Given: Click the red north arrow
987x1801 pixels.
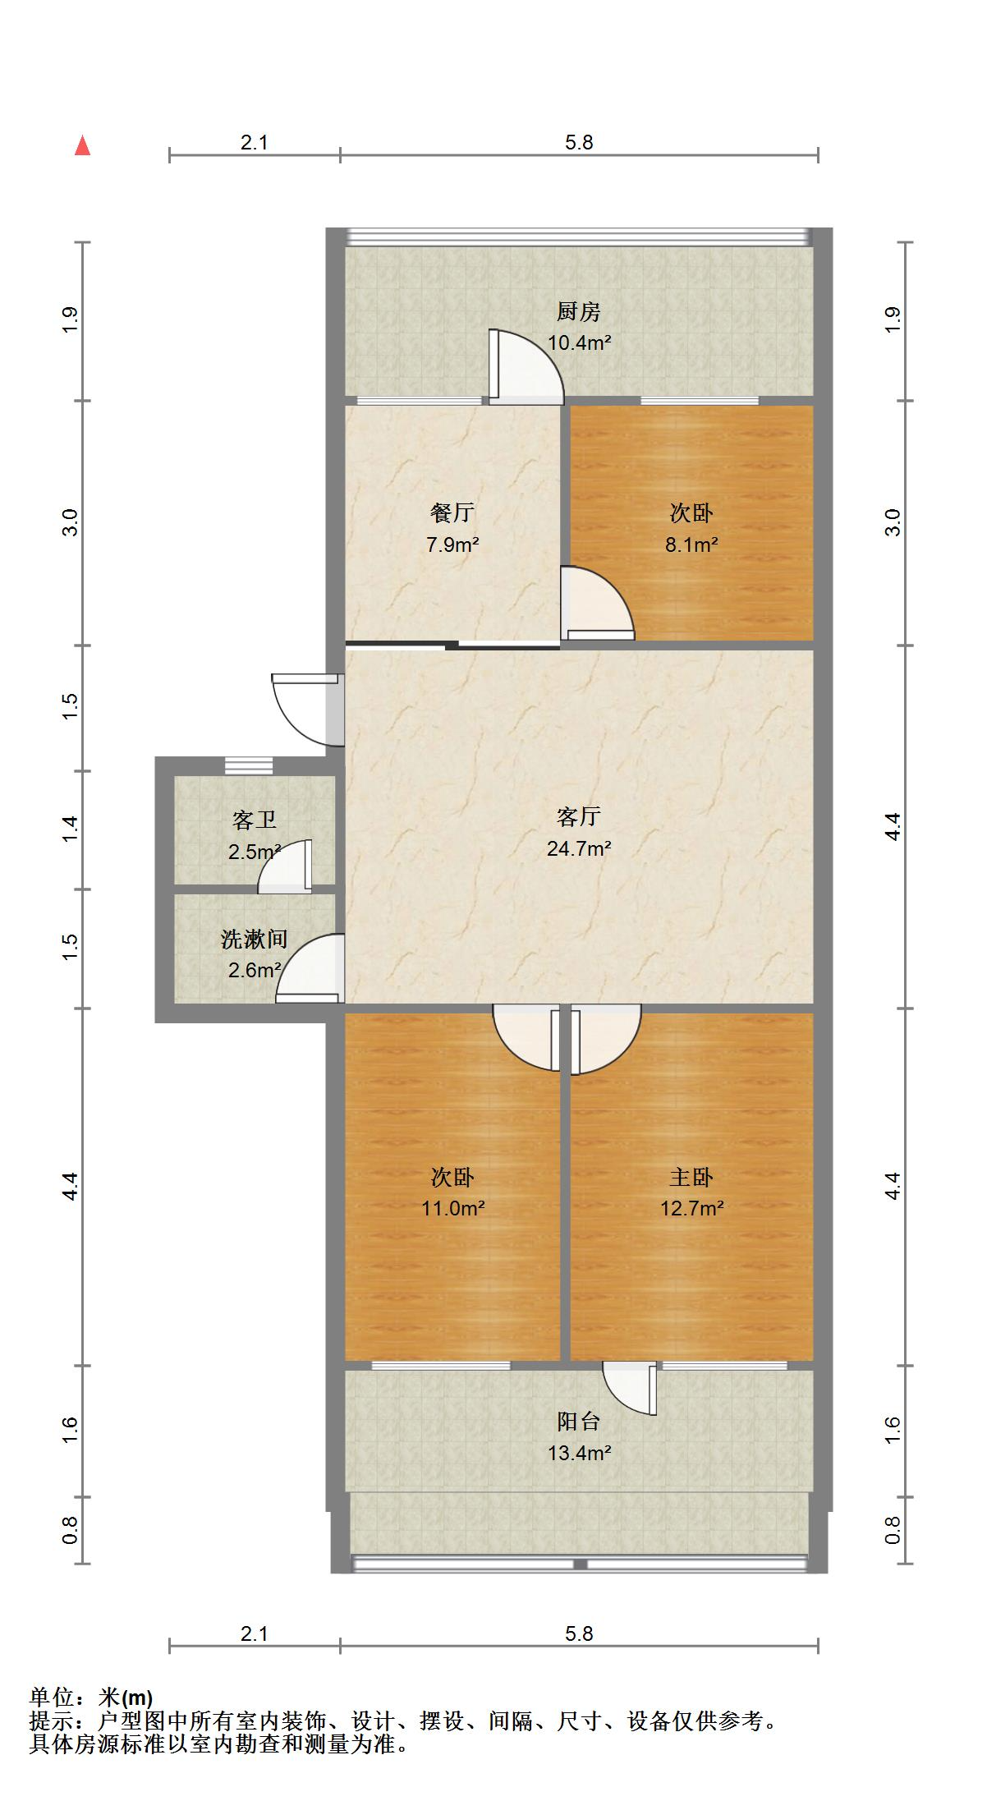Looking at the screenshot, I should coord(82,146).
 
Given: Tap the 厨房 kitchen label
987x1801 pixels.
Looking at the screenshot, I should coord(579,312).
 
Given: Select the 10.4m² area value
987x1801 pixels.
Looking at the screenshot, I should coord(579,343).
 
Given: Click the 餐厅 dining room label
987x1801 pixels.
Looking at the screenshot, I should coord(452,513).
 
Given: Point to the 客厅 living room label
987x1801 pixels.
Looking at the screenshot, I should coord(579,817).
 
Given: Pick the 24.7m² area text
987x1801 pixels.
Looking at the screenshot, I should coord(579,848).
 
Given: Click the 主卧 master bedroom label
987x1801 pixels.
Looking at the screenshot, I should coord(691,1178).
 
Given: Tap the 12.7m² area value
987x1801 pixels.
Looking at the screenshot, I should coord(691,1208).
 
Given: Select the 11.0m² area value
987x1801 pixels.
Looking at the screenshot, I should coord(452,1208).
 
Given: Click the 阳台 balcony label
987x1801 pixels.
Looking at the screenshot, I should coord(579,1422).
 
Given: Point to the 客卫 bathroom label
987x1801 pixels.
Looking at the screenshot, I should coord(254,820).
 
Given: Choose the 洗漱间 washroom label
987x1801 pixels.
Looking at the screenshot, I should coord(254,940).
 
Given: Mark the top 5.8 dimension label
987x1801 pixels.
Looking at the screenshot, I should coord(579,142).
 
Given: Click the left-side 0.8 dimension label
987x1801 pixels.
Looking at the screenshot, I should coord(70,1529).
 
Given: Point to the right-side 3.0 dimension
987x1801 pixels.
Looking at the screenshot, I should coord(893,522).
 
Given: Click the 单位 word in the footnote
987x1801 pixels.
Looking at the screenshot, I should coord(51,1698).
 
